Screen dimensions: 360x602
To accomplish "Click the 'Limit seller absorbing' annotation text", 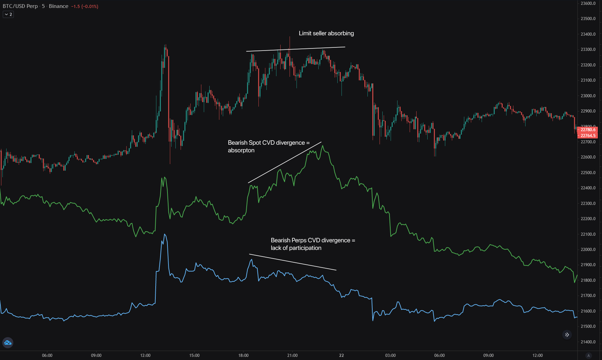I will coord(326,33).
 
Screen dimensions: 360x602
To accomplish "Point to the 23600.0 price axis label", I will coord(588,3).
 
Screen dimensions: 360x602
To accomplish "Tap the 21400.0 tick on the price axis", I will coord(588,342).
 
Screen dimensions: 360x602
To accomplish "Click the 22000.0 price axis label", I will coord(588,250).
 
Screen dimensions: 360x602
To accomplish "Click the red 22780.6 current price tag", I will coord(588,130).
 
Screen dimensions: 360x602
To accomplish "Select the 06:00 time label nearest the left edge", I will coord(47,355).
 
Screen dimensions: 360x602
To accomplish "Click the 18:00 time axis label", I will coord(243,355).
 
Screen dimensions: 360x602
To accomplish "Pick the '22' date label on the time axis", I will coord(341,355).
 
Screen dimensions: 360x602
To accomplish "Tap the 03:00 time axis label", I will coord(390,355).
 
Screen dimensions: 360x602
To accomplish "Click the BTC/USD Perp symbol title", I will coord(20,6).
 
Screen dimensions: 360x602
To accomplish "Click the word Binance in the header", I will coord(58,6).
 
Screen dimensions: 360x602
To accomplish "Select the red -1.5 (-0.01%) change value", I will coord(85,7).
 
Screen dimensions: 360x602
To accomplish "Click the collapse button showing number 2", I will coord(8,15).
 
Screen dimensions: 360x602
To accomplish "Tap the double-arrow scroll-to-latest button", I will coord(567,335).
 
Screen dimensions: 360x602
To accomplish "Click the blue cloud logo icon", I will coord(8,343).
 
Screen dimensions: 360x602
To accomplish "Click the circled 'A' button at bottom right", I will coord(589,355).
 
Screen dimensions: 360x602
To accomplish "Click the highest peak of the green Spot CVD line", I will coord(323,146).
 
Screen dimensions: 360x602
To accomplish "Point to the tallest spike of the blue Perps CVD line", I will coord(165,234).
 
